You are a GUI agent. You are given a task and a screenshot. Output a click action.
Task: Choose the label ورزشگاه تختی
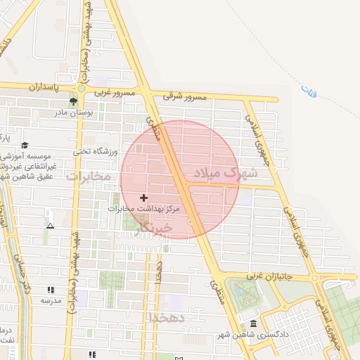(x=92, y=151)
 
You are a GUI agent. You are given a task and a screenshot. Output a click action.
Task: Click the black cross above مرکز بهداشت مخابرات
(x=144, y=198)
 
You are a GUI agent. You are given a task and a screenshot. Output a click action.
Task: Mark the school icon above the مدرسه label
(x=50, y=290)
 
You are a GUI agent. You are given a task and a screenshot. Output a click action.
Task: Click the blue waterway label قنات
(x=308, y=91)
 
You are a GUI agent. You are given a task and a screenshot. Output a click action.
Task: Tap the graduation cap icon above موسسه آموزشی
(x=25, y=144)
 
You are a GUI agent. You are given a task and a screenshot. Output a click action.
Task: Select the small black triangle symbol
(x=50, y=226)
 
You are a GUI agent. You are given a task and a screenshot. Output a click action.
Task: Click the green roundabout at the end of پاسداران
(x=82, y=88)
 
